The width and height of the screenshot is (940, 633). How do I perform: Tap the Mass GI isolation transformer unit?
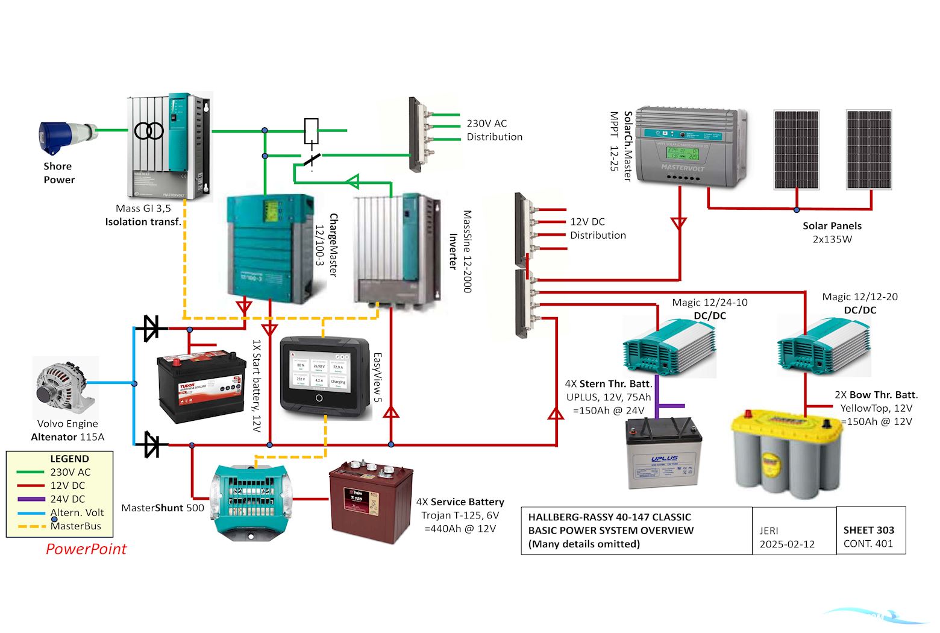[169, 146]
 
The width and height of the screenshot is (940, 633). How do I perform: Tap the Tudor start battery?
[202, 386]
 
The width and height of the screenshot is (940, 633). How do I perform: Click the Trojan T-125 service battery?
[371, 502]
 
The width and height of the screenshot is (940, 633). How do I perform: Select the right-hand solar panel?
[868, 150]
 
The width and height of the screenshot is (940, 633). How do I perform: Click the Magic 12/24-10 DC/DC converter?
[668, 347]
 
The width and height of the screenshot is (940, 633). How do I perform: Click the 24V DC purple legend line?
[31, 499]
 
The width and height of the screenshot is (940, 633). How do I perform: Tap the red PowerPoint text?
[86, 549]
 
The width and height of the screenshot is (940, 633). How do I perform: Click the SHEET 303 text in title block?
[868, 530]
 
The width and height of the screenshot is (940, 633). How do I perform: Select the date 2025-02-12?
[786, 544]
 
